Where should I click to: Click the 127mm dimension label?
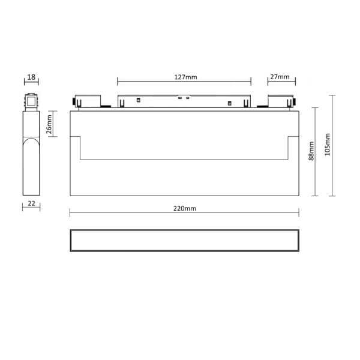[184, 77]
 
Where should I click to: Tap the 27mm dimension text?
[280, 77]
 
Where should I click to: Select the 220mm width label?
[184, 208]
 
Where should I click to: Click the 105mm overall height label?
[327, 146]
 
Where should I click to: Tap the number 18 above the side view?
[31, 77]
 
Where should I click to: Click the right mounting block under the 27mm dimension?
[280, 101]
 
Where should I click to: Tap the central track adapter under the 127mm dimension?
[184, 101]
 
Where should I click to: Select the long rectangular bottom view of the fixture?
[184, 240]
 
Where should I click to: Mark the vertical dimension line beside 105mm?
[333, 146]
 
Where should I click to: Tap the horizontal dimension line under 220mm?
[184, 213]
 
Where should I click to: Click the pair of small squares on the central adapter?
[183, 97]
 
